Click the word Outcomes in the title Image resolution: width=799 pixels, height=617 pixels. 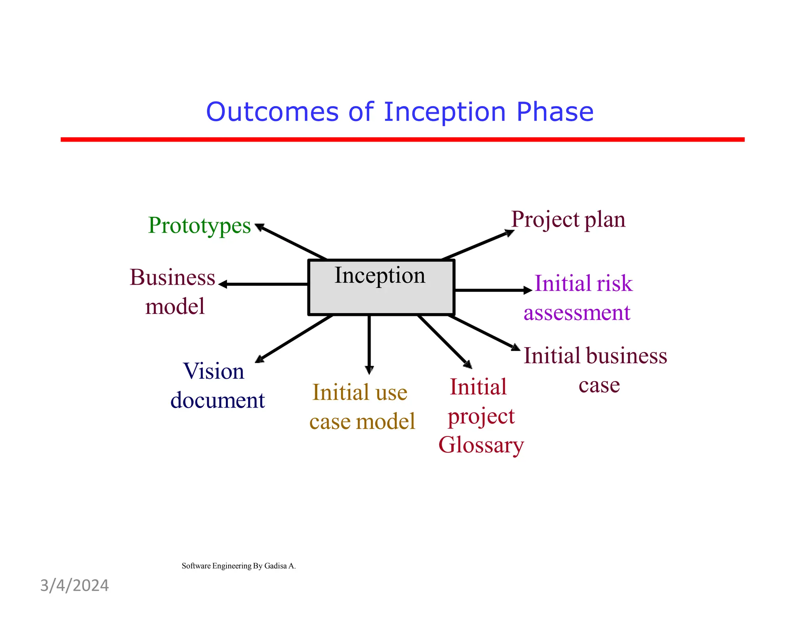click(272, 112)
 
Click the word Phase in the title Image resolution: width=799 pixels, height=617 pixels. click(554, 112)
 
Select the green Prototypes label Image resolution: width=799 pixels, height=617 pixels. click(199, 225)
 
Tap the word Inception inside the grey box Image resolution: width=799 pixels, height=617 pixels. click(380, 275)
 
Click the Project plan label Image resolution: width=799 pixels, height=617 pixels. click(568, 219)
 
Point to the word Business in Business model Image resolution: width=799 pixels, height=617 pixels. click(172, 277)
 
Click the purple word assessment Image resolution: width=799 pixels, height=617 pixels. click(577, 312)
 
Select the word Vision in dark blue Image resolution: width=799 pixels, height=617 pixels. click(213, 371)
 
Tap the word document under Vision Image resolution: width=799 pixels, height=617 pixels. click(217, 400)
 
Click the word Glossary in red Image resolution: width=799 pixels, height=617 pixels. click(481, 445)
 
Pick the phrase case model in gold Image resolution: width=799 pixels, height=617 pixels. click(362, 422)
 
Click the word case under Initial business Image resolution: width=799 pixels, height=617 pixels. click(599, 385)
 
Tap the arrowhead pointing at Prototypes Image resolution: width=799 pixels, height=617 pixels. click(259, 227)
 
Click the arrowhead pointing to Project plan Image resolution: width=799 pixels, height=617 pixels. click(509, 233)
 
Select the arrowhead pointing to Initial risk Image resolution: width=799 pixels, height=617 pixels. click(527, 290)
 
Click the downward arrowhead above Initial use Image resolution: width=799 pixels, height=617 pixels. click(369, 370)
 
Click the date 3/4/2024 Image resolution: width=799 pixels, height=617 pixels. click(75, 585)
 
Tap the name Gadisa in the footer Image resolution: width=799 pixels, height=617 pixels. click(275, 566)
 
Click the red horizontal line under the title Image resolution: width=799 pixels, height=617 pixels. click(402, 139)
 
